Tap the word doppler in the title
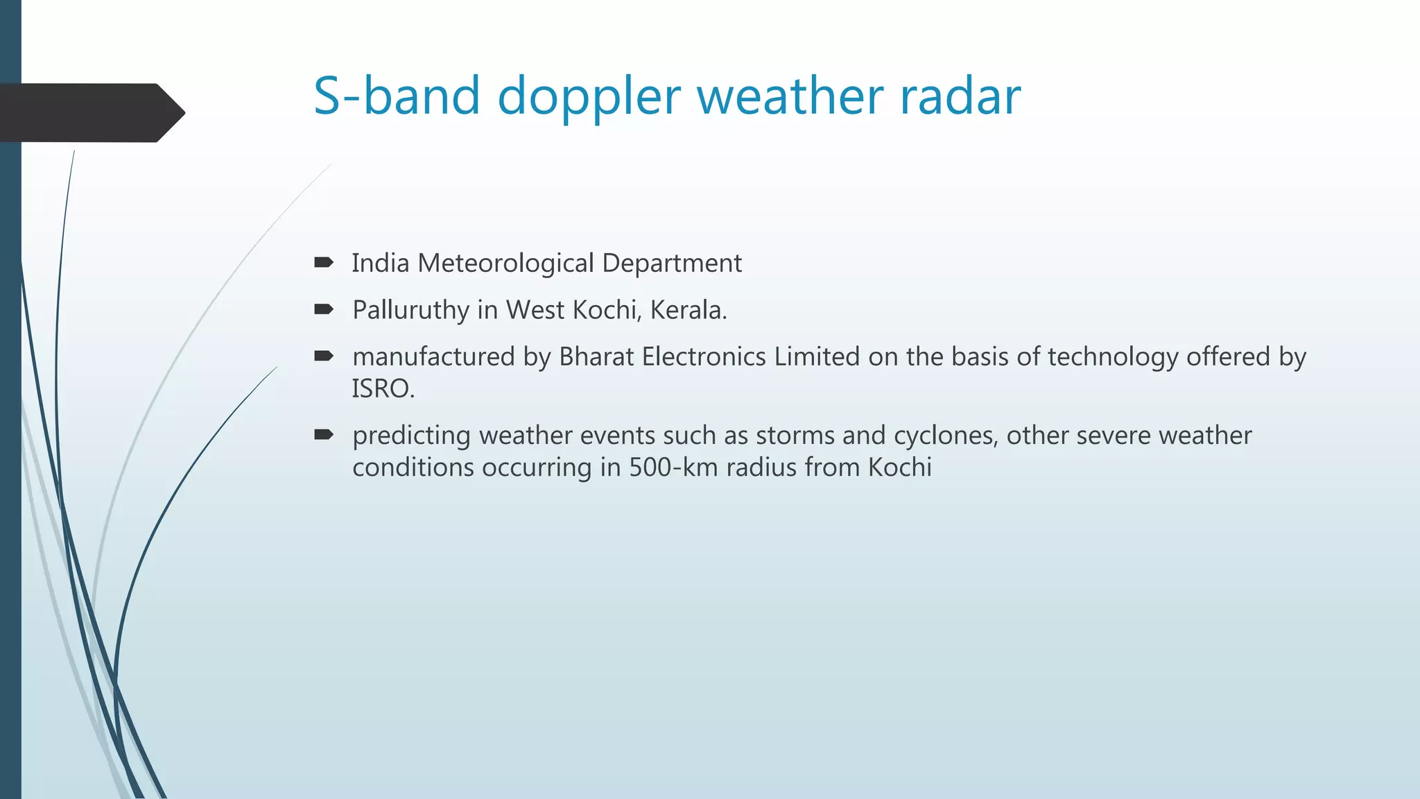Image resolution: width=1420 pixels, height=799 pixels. click(589, 97)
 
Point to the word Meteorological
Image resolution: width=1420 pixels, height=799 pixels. click(505, 264)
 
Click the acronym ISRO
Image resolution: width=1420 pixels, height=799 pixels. click(382, 389)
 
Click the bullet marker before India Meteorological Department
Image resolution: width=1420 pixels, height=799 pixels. click(324, 262)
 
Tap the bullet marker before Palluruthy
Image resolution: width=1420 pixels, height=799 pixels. click(324, 309)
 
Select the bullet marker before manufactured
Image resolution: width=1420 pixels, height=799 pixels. click(324, 356)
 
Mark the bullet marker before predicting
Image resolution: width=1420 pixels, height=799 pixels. click(324, 435)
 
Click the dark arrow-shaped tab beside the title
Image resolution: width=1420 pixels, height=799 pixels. click(90, 112)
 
